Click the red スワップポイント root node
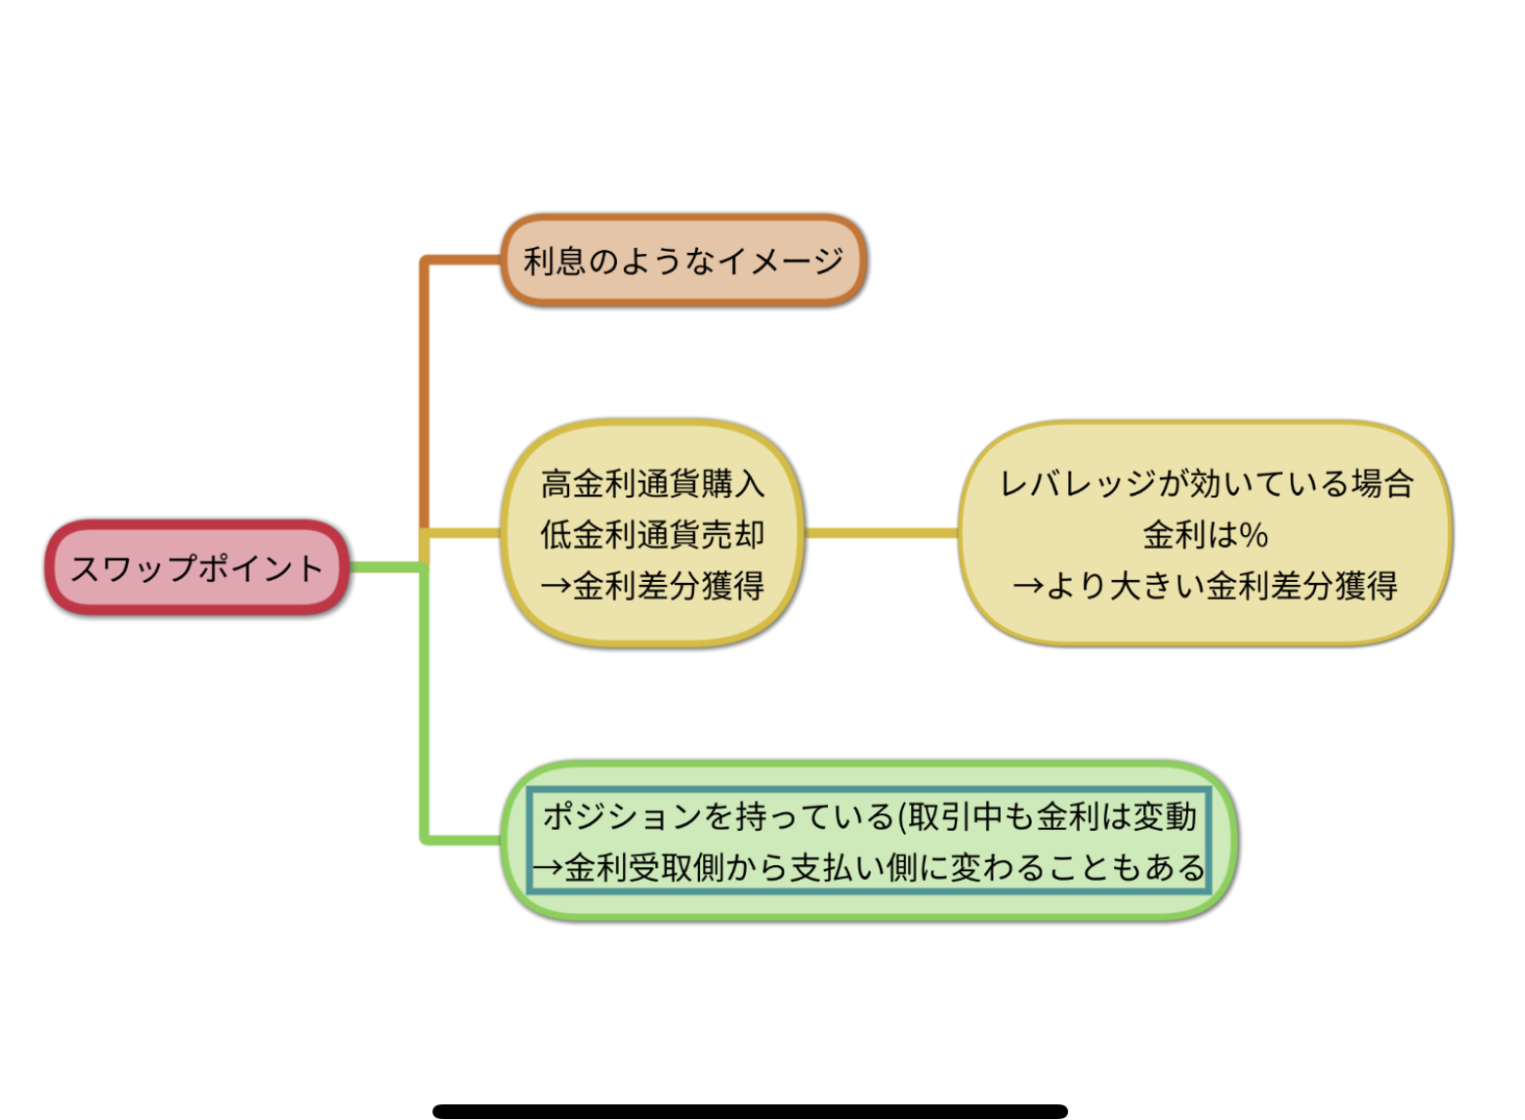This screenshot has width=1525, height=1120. [196, 567]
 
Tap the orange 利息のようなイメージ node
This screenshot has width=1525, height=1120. [683, 260]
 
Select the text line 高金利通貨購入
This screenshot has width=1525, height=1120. [652, 483]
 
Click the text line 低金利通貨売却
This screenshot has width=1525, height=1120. [652, 534]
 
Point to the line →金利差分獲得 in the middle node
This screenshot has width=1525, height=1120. [652, 586]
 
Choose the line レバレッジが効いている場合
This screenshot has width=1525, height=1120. [1206, 483]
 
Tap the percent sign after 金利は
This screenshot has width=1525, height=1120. [1255, 535]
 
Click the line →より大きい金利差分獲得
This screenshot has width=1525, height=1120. [1206, 586]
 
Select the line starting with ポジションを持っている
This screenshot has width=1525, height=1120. [869, 815]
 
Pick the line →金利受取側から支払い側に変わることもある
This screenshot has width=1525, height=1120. [869, 867]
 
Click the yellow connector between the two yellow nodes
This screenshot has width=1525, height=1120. [881, 533]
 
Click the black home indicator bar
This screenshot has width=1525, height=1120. [750, 1111]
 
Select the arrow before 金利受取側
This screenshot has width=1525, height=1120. [548, 868]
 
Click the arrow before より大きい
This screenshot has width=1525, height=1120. [1028, 586]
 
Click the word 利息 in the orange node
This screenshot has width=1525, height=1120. [556, 261]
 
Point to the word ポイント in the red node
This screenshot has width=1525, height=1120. [261, 567]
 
